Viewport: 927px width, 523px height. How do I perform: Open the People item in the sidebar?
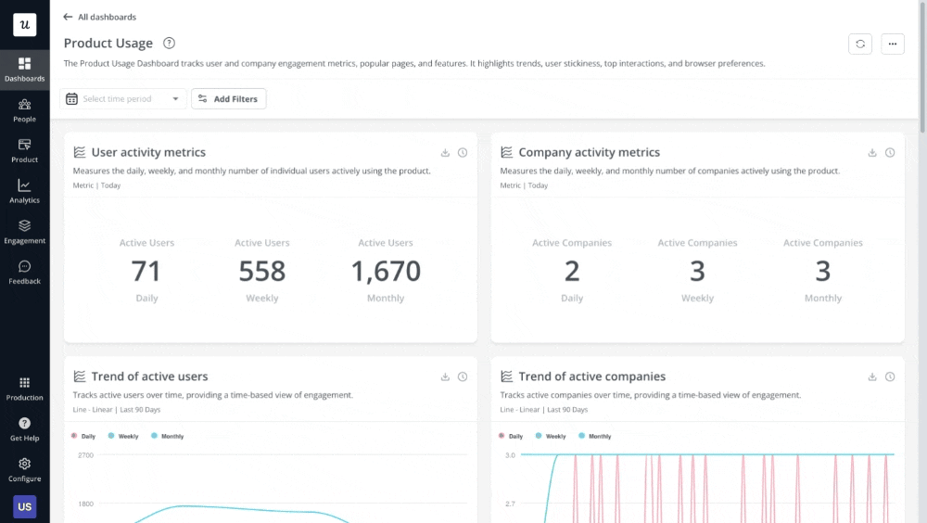coord(24,109)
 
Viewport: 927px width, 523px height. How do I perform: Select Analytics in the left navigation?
coord(24,191)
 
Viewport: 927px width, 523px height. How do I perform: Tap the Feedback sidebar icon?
coord(24,272)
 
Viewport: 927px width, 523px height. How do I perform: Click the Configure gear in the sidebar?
coord(24,469)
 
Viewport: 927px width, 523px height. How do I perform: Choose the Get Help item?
coord(24,428)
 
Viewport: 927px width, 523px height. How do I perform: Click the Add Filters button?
coord(228,99)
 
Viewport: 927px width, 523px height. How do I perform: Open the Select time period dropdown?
coord(123,99)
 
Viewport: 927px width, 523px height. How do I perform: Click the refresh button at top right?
coord(860,44)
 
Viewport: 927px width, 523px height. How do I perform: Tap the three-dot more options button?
coord(893,44)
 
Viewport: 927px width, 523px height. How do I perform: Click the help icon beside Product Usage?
coord(169,43)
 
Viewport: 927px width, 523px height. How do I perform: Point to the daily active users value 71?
coord(146,271)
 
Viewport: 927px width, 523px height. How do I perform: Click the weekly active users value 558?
coord(262,271)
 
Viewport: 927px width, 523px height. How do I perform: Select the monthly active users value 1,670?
coord(386,271)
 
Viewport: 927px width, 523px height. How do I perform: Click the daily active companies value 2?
coord(572,271)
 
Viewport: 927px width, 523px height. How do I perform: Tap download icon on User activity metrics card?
coord(445,153)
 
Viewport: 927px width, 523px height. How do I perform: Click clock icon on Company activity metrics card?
coord(890,153)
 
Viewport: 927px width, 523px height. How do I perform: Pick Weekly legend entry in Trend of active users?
coord(123,436)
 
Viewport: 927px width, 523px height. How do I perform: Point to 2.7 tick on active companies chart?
coord(510,504)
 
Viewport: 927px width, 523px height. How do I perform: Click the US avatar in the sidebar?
coord(24,507)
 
